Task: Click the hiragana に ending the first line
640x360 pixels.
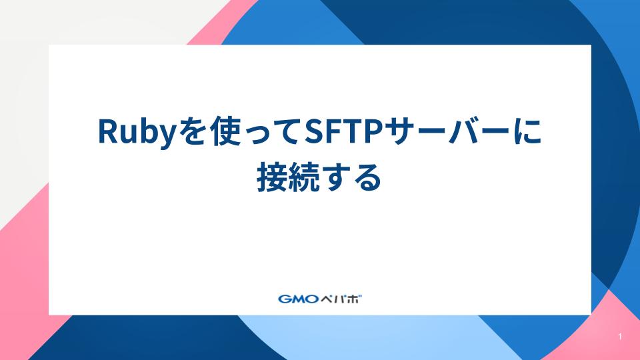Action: point(528,131)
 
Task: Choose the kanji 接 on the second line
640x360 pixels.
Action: point(271,177)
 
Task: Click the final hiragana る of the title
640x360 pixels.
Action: point(367,179)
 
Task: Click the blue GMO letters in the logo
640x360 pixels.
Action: point(298,299)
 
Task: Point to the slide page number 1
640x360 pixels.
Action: point(620,337)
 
